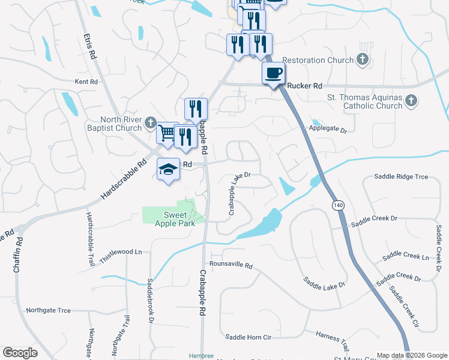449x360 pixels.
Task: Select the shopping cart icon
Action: [167, 134]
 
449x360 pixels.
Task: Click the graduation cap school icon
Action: [168, 170]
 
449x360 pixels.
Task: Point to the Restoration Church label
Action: [318, 60]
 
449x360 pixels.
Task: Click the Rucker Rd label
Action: [305, 86]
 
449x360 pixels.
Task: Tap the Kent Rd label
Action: [86, 82]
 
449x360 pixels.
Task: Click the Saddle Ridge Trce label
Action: [401, 176]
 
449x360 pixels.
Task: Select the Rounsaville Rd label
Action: [231, 265]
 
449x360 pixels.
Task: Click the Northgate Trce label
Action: [48, 310]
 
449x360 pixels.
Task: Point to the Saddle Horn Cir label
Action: [248, 337]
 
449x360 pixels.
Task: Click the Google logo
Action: [20, 353]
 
